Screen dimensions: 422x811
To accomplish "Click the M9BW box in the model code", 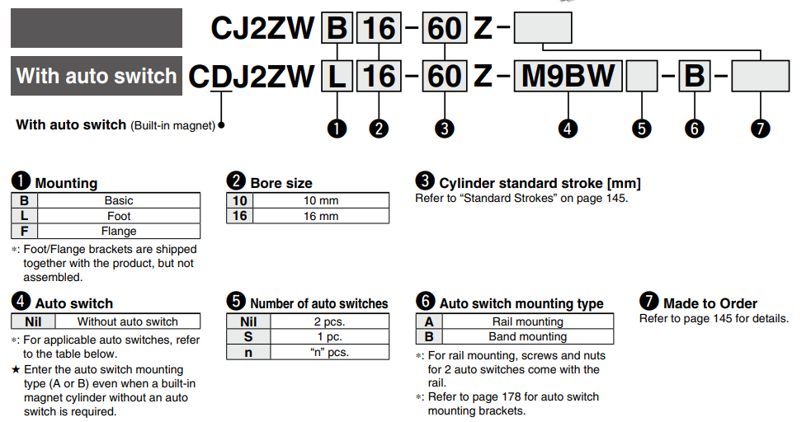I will click(568, 77).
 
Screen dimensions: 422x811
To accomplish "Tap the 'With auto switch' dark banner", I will click(97, 77).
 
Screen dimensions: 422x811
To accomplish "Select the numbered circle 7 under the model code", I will click(760, 128).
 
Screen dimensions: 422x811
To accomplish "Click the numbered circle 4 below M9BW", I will click(568, 128).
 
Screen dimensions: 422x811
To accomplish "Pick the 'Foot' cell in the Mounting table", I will click(119, 216).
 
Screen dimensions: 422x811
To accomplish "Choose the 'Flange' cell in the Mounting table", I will click(119, 232).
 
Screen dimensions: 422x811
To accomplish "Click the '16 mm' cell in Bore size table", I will click(321, 216).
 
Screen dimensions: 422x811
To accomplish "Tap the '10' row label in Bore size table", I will click(239, 200).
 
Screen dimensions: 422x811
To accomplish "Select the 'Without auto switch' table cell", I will click(127, 321).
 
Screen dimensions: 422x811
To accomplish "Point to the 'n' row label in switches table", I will click(248, 352).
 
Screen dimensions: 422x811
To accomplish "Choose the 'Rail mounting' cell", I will click(527, 321).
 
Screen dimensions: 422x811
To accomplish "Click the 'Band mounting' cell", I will click(527, 336).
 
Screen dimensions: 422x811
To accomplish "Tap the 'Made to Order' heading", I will click(710, 303).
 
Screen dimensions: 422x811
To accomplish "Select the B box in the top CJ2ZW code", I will click(337, 28).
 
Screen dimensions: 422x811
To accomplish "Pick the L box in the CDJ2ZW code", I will click(337, 77).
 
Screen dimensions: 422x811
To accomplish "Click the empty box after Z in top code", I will click(543, 28).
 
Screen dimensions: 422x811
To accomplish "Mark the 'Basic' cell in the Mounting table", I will click(119, 200).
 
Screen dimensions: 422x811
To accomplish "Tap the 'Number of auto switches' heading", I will click(318, 303).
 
